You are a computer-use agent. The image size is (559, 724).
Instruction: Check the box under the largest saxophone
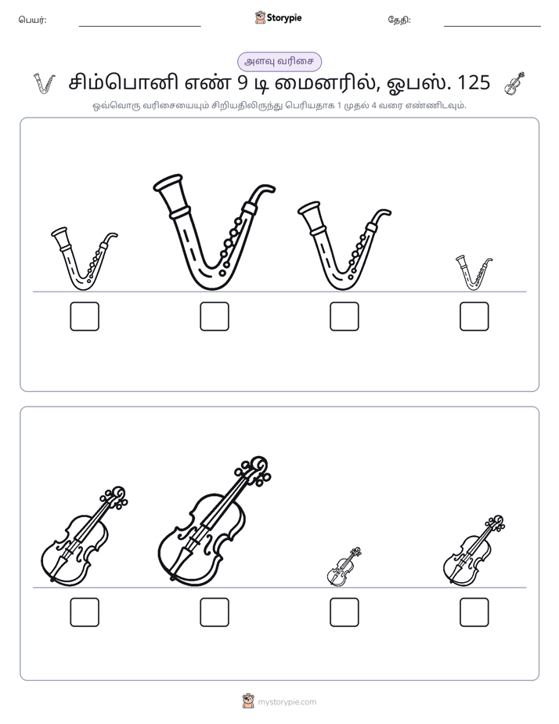(x=215, y=317)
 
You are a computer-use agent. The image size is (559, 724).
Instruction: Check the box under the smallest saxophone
(x=474, y=317)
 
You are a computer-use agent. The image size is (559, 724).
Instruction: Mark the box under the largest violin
(x=215, y=612)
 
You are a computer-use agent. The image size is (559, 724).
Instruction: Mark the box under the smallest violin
(x=344, y=612)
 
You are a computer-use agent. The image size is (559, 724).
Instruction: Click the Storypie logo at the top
(x=279, y=17)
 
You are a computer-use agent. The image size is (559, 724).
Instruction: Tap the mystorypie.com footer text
(x=287, y=702)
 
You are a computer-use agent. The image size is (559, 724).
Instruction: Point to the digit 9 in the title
(x=243, y=82)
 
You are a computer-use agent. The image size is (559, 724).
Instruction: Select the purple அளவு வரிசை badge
(x=279, y=61)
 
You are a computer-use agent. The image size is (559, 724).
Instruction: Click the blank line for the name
(x=139, y=27)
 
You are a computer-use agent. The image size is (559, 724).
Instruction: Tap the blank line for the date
(x=492, y=27)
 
